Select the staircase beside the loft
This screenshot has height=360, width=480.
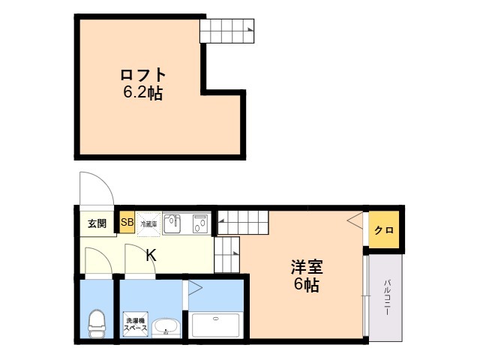pyautogui.click(x=227, y=31)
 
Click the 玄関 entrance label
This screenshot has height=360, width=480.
pyautogui.click(x=97, y=223)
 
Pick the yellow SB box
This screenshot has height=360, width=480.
pyautogui.click(x=127, y=222)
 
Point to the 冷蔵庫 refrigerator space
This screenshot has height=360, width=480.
pyautogui.click(x=148, y=222)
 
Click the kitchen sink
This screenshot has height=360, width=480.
pyautogui.click(x=172, y=223)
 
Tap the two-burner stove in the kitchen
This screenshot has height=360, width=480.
pyautogui.click(x=199, y=223)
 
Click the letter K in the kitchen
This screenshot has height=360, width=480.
pyautogui.click(x=151, y=255)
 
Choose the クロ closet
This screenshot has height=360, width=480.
pyautogui.click(x=384, y=229)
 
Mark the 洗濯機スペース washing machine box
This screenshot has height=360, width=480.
pyautogui.click(x=136, y=324)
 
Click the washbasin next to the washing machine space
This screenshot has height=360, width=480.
pyautogui.click(x=165, y=327)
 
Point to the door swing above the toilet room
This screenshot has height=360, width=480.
pyautogui.click(x=96, y=260)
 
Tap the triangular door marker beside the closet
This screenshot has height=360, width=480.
pyautogui.click(x=354, y=220)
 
